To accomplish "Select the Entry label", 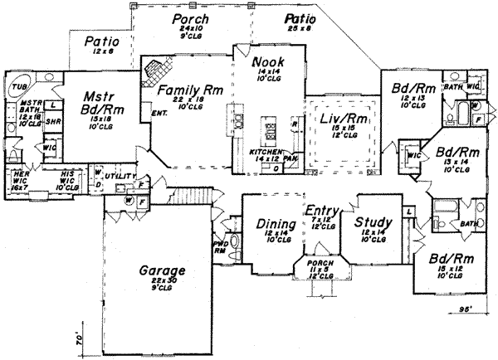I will pyautogui.click(x=319, y=211).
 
